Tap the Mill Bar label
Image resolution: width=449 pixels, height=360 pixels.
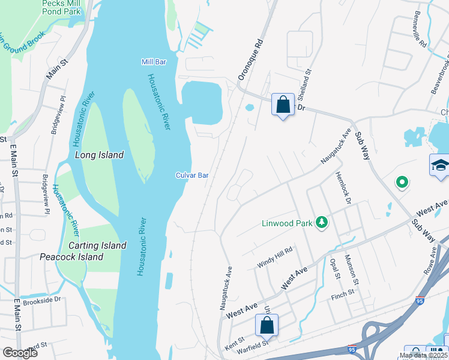(x=153, y=62)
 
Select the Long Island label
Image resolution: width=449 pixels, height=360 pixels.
(x=99, y=155)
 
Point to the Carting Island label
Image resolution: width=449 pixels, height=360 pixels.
(x=97, y=245)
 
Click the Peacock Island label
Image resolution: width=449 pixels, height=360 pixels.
(x=71, y=257)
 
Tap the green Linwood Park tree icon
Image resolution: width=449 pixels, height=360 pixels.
(x=322, y=223)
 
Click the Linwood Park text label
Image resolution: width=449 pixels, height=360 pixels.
(x=287, y=223)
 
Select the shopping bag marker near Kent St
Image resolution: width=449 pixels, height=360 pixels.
(x=267, y=326)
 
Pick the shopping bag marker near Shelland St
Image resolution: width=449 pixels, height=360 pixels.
(x=283, y=105)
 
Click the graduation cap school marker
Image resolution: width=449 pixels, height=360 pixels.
(x=440, y=165)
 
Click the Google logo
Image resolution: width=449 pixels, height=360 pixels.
(x=20, y=353)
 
